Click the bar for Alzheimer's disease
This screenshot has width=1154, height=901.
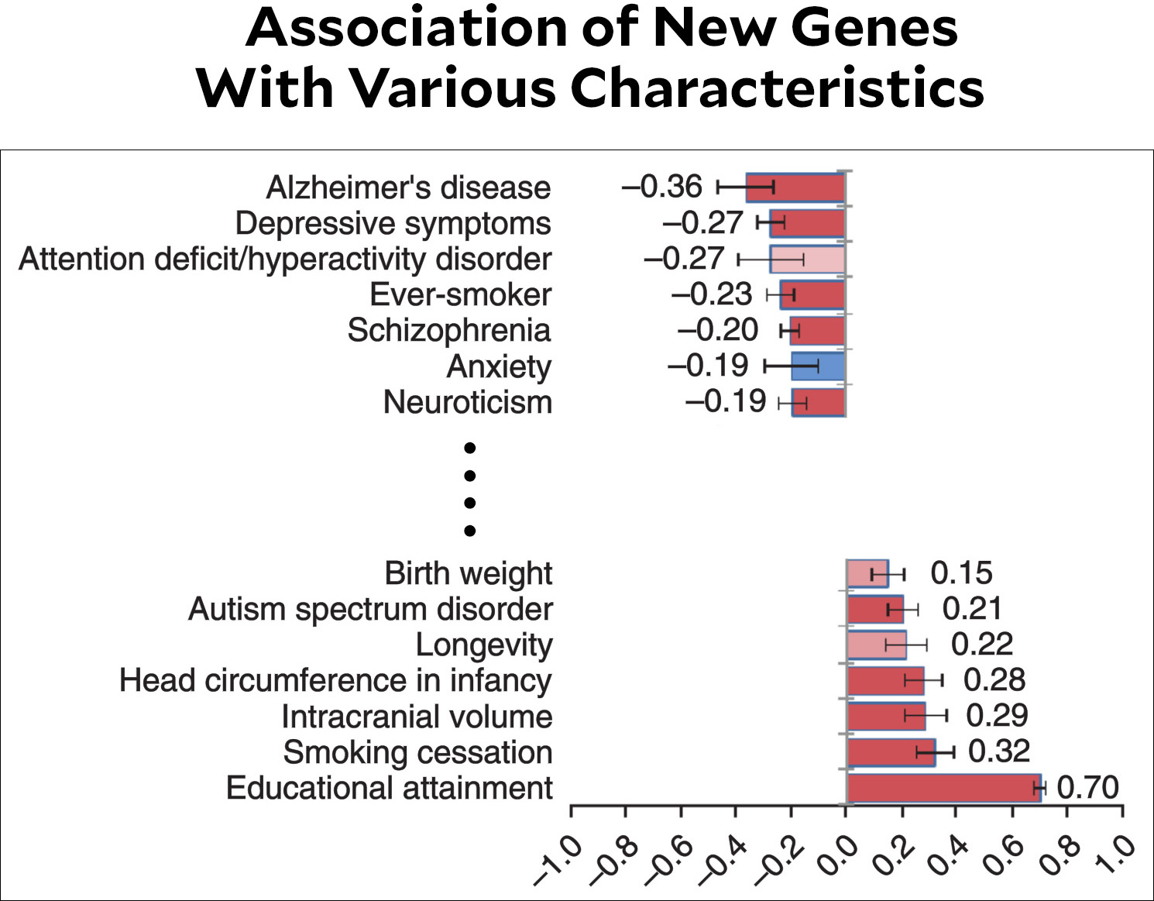795,187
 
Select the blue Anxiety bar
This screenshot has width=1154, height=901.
818,366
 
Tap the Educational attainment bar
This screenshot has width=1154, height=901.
943,788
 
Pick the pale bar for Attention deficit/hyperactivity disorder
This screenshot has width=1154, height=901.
807,260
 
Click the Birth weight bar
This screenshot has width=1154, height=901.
867,573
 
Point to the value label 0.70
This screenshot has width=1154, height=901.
1087,788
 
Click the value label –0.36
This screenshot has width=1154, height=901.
661,187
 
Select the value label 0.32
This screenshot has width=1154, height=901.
999,751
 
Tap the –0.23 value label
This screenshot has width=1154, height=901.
712,294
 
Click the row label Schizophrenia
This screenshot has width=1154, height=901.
448,331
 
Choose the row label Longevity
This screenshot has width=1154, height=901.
484,645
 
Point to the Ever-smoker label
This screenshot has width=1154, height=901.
460,295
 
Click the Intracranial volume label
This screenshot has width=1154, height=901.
417,717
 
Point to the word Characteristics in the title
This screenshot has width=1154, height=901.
777,87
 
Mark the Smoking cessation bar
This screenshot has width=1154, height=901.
891,752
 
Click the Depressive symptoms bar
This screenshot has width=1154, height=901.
806,223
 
